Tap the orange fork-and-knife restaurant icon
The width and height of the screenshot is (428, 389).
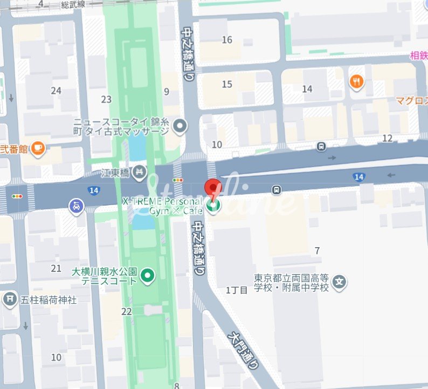click(x=356, y=82)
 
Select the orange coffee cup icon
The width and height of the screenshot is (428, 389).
click(x=37, y=148)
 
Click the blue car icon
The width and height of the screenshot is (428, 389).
click(x=76, y=206)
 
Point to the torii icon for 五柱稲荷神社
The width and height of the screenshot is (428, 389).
click(x=10, y=299)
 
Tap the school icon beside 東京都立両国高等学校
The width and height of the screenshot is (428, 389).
click(x=339, y=281)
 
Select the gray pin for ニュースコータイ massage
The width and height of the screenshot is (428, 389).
click(x=180, y=127)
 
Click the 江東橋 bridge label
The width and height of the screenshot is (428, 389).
click(x=116, y=173)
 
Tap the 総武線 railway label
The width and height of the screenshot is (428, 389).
click(x=74, y=5)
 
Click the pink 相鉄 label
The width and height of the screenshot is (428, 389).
click(x=418, y=54)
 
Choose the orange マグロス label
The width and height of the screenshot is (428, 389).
click(x=411, y=100)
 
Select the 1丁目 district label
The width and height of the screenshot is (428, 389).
click(x=237, y=290)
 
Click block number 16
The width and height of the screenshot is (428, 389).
click(x=227, y=40)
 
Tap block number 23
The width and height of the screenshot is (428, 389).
click(x=106, y=99)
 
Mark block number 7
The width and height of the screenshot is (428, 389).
click(x=317, y=250)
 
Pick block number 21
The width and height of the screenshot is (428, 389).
click(x=56, y=268)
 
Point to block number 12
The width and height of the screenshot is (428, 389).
click(x=387, y=138)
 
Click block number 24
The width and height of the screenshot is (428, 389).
click(x=56, y=90)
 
